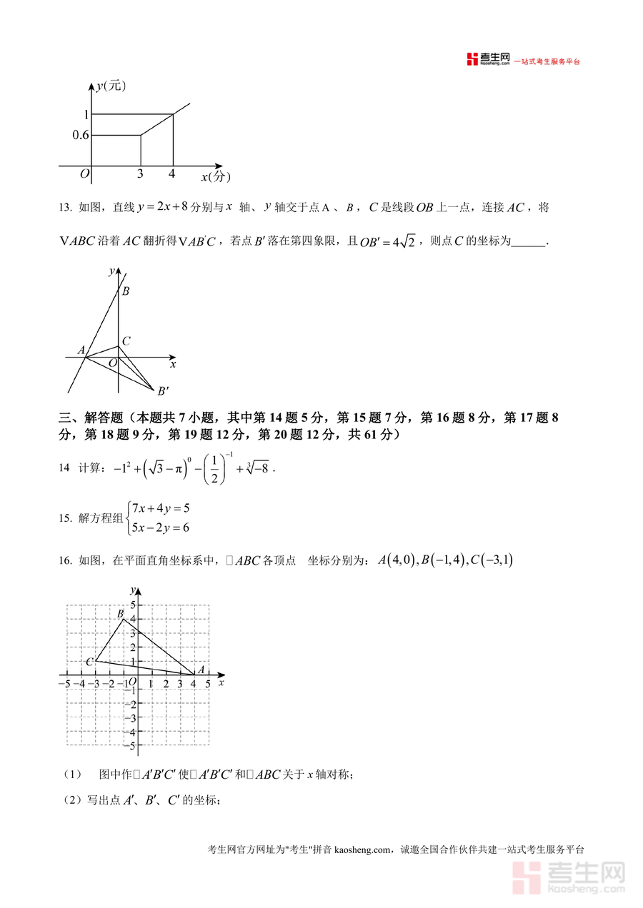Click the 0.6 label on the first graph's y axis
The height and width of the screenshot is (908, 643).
point(81,135)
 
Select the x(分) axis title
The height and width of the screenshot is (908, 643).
point(215,176)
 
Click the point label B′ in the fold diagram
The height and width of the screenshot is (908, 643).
point(163,390)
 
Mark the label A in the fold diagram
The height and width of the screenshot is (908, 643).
point(81,350)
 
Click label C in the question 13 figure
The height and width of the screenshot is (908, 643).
point(125,342)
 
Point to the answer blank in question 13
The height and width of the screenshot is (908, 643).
point(529,241)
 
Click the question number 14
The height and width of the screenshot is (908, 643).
point(64,468)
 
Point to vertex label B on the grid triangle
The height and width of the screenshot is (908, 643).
point(120,614)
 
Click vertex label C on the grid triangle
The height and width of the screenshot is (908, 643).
point(89,662)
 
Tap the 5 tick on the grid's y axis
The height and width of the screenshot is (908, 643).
point(131,605)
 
